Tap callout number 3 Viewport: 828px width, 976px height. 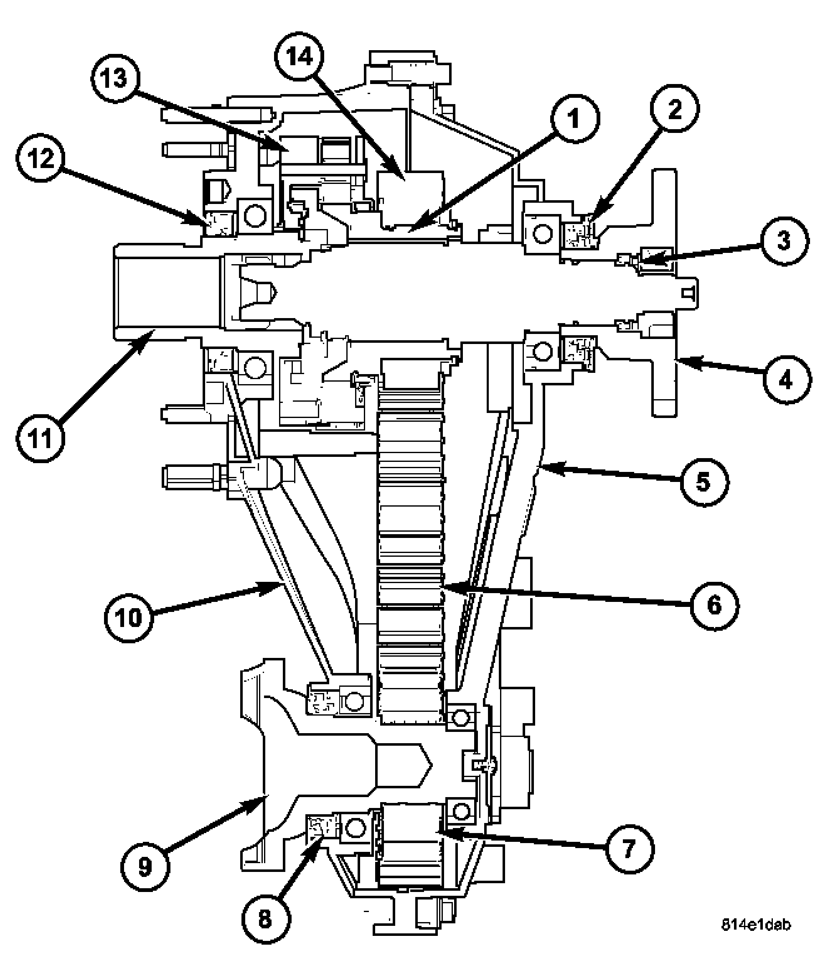coord(784,240)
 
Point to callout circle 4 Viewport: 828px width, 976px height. coord(786,380)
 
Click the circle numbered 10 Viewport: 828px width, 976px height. coord(129,617)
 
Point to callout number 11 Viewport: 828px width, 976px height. coord(41,439)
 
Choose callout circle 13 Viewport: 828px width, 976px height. coord(115,79)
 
